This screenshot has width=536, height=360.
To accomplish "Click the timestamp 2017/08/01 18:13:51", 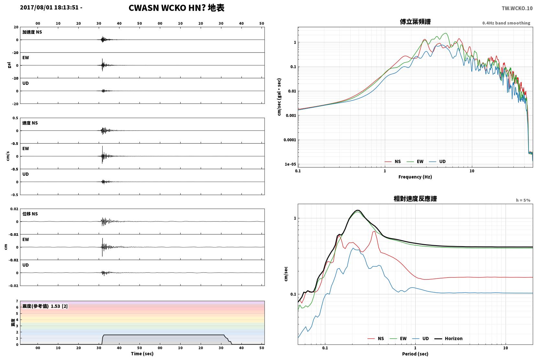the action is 49,7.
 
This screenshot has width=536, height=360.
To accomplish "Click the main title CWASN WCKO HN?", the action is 167,8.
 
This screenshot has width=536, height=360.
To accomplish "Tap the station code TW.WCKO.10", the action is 517,8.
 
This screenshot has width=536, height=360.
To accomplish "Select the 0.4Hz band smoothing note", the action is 506,23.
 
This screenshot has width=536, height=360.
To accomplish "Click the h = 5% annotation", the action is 523,200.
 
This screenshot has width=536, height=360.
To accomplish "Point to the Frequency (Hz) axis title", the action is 415,177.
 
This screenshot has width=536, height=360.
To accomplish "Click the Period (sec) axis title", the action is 415,354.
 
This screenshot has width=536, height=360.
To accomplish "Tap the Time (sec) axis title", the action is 142,354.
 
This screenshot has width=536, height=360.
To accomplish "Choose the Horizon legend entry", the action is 448,338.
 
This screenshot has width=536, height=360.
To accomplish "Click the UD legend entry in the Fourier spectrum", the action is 437,161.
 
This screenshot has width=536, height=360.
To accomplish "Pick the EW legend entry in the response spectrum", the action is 398,338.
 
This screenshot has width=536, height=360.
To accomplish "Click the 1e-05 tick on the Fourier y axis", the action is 290,164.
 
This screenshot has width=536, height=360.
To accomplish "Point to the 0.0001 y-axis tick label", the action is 290,140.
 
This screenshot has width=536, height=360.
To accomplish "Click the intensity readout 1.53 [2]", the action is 59,306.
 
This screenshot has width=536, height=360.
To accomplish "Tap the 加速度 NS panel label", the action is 32,32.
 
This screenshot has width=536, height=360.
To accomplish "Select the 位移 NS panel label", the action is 30,214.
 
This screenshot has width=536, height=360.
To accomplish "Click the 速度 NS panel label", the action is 30,123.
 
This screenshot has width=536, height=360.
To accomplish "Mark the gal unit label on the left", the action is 9,65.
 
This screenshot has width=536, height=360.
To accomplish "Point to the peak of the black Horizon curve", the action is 357,210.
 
